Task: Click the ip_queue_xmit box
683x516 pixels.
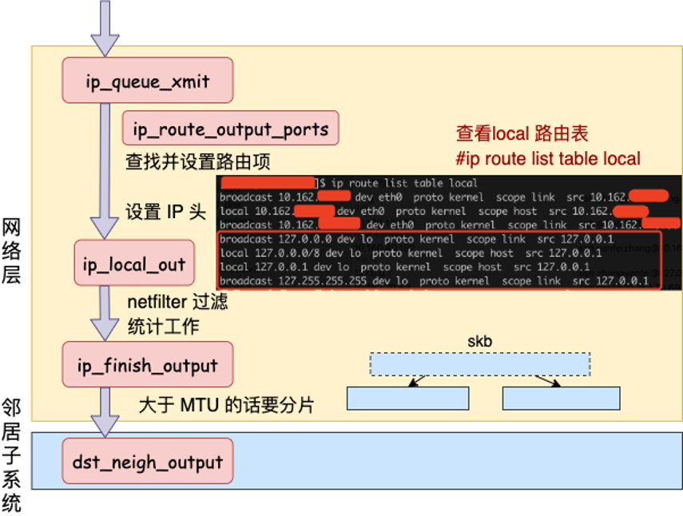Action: click(148, 80)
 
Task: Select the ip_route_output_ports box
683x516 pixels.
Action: click(230, 129)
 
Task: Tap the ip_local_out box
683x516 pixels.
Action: click(134, 263)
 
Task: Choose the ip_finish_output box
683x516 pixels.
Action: click(148, 365)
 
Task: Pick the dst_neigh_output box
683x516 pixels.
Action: click(148, 461)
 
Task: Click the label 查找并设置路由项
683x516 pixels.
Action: click(197, 162)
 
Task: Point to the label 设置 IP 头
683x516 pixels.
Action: click(165, 212)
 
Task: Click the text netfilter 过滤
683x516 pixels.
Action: click(177, 302)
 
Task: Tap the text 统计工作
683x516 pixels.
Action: click(163, 326)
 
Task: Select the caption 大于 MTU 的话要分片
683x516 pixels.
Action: click(226, 406)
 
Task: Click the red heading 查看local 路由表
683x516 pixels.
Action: click(522, 133)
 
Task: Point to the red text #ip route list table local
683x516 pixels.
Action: click(547, 158)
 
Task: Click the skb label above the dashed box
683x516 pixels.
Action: click(479, 342)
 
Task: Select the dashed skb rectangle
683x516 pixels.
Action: click(479, 364)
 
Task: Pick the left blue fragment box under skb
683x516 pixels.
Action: click(407, 398)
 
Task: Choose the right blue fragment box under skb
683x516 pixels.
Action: click(561, 398)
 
